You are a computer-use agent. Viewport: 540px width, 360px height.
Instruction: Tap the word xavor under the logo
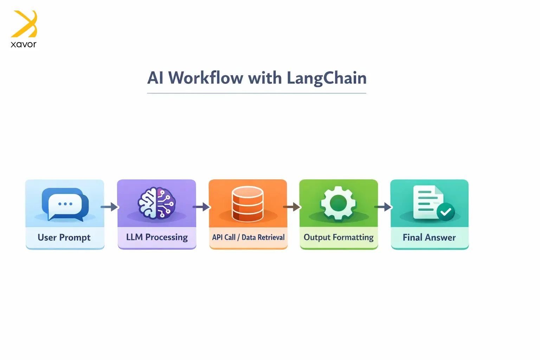(x=24, y=44)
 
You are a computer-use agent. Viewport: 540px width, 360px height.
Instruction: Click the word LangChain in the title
(x=327, y=78)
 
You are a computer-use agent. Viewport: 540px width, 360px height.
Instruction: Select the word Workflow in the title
(x=206, y=78)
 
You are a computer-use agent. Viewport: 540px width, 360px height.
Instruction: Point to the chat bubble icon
(x=65, y=204)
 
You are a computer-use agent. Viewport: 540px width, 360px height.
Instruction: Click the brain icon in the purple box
(x=156, y=203)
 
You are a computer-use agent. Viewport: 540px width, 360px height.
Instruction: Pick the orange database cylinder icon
(x=247, y=204)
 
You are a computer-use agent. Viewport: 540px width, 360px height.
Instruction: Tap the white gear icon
(x=338, y=203)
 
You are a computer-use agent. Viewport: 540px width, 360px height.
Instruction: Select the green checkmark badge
(x=445, y=212)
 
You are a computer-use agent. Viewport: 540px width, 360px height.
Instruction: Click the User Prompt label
(x=64, y=238)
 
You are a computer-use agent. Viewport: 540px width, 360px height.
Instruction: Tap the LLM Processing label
(x=157, y=237)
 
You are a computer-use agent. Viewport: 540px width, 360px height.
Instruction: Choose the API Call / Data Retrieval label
(x=248, y=237)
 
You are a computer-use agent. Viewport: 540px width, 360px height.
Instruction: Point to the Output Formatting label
(x=339, y=237)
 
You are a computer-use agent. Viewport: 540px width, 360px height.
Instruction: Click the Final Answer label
(x=429, y=238)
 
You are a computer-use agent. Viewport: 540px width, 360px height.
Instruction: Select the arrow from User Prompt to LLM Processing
(x=109, y=207)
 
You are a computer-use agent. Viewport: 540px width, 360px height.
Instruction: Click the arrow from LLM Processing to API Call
(x=201, y=207)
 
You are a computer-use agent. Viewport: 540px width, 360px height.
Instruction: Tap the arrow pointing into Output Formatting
(x=292, y=207)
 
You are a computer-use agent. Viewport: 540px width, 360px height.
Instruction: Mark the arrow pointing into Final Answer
(x=383, y=207)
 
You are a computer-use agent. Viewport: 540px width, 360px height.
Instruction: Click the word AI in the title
(x=155, y=78)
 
